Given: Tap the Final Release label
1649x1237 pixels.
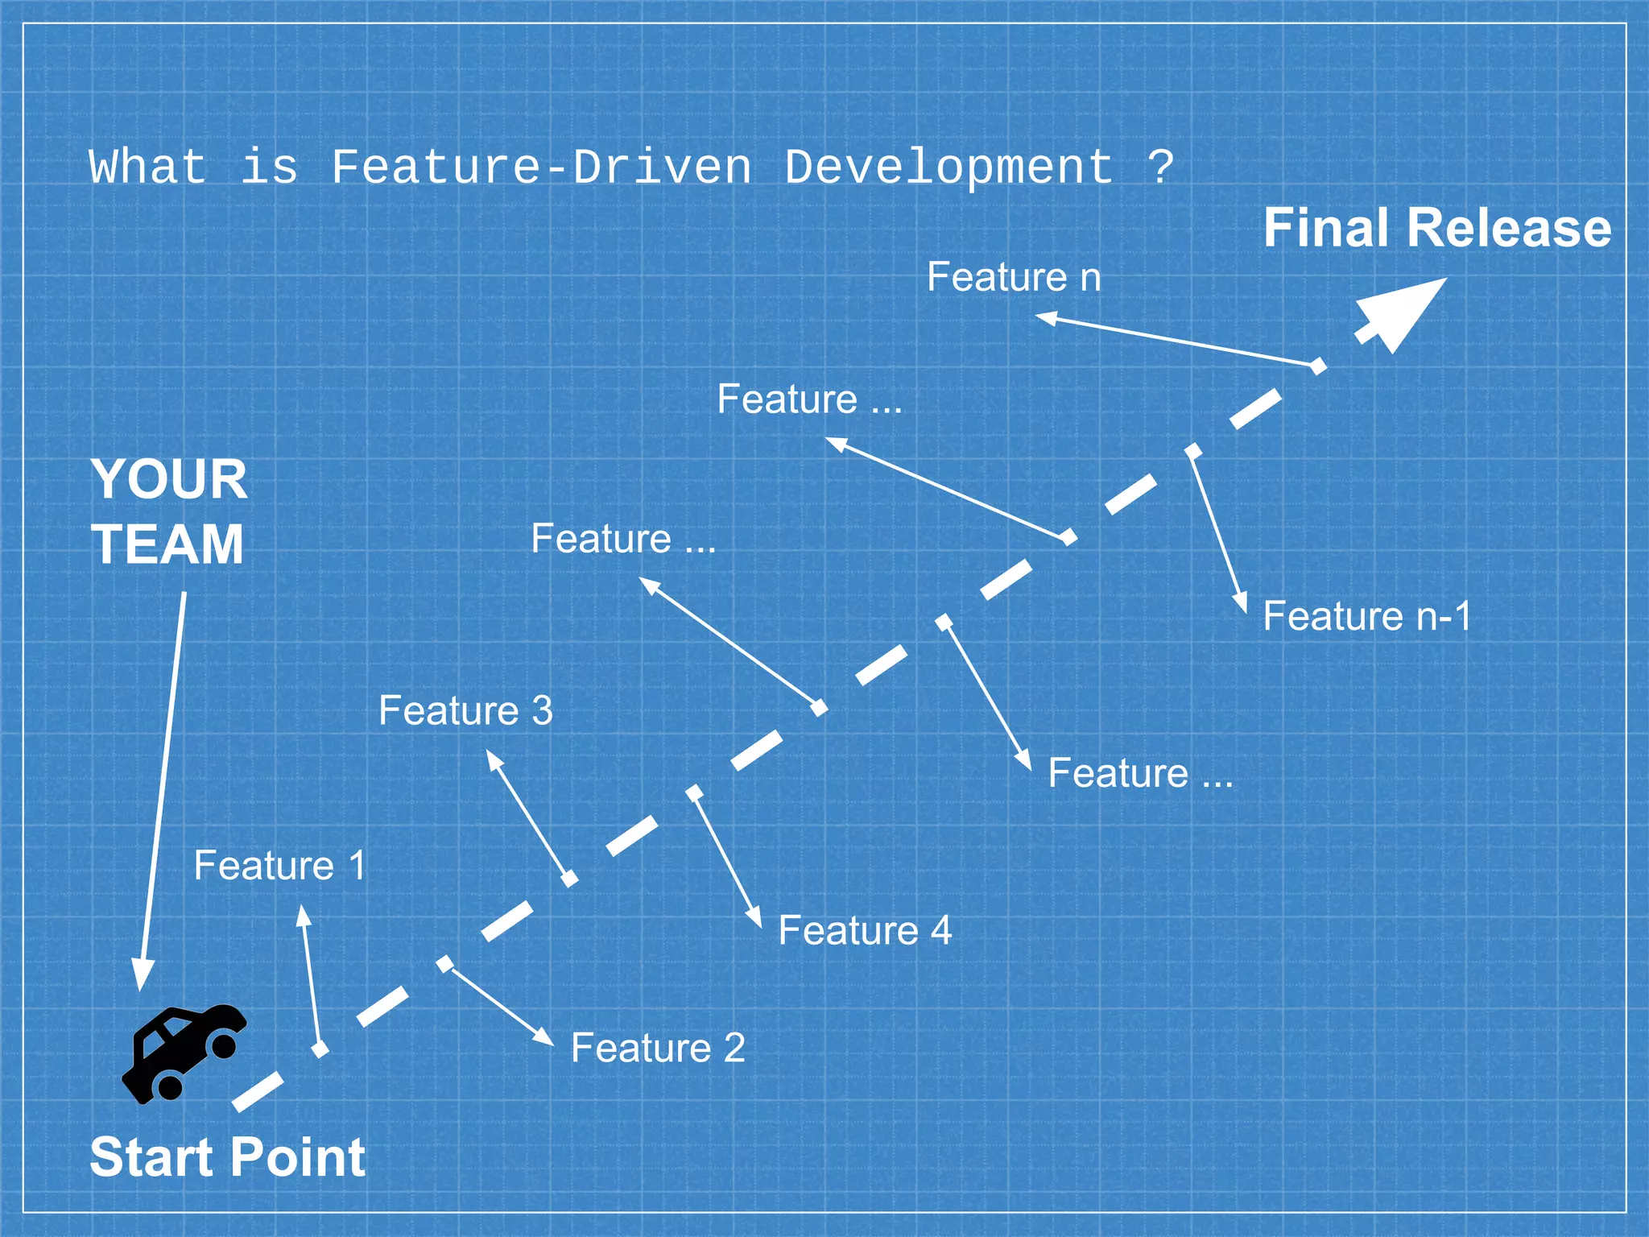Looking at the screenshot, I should [1437, 228].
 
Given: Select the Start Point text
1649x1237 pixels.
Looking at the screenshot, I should [228, 1157].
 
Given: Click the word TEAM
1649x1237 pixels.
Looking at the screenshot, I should [167, 545].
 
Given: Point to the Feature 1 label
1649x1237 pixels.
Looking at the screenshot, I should [280, 866].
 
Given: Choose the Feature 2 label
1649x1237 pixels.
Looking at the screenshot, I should [658, 1048].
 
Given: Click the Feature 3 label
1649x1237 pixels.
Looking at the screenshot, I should [465, 710].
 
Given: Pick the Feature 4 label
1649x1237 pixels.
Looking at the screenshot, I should [865, 930].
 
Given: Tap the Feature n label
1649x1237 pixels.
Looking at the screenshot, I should [1014, 277].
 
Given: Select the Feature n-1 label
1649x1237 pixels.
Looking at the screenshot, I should [1366, 616].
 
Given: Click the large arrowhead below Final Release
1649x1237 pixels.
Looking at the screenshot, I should [1405, 310].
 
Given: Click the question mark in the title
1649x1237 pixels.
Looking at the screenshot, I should [1160, 168].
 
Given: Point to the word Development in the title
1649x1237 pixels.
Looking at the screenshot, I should [949, 168].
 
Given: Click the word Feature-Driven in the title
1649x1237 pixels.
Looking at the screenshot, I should [542, 168].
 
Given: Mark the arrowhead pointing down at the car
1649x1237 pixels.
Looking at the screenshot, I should [143, 975].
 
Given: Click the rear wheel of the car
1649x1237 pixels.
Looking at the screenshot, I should [170, 1087].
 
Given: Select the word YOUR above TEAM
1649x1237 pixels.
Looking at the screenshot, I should [169, 480].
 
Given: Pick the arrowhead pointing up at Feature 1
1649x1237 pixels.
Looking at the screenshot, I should [304, 916].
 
